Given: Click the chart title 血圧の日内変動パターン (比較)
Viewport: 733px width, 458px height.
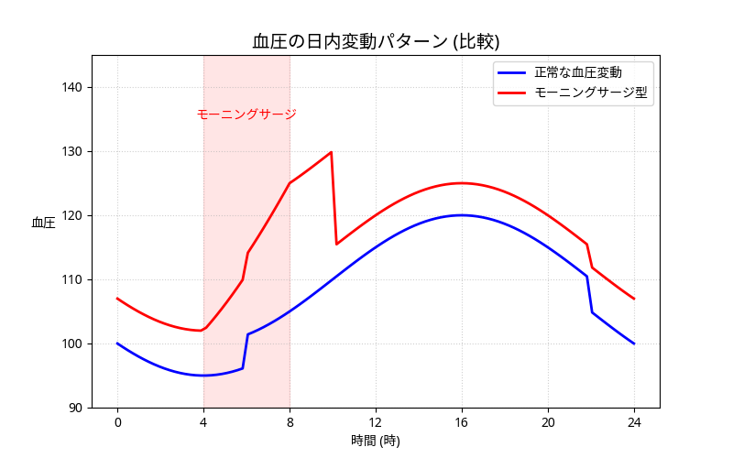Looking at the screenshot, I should (x=376, y=41).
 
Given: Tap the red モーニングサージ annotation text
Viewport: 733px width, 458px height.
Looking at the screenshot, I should (x=246, y=114).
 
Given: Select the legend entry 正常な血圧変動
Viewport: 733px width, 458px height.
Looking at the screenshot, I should (x=578, y=71).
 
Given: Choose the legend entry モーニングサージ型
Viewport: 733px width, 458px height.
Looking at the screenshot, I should (x=593, y=93).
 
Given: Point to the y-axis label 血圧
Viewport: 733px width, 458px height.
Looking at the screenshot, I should (x=43, y=223).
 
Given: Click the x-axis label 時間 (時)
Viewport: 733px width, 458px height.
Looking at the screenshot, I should (x=376, y=441).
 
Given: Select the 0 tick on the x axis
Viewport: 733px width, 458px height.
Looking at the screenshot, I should (x=117, y=422).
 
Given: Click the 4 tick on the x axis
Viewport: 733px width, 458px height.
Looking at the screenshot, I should (x=203, y=422).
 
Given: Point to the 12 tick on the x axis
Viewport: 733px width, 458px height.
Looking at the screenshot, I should (x=376, y=422).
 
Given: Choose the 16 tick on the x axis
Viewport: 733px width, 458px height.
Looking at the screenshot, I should (x=462, y=422).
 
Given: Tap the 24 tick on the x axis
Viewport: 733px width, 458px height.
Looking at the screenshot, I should (x=634, y=422).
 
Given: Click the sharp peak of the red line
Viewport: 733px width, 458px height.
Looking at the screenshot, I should (x=331, y=152).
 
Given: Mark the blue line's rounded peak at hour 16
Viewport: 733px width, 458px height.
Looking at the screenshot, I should (x=462, y=215).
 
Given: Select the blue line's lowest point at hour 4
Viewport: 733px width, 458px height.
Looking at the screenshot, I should (x=203, y=376).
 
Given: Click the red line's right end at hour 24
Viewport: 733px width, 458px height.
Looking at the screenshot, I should (x=634, y=299).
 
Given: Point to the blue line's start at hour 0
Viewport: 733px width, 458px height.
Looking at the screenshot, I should (x=117, y=343).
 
